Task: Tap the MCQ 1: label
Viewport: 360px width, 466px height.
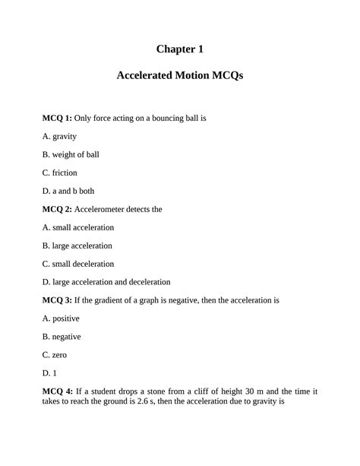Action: click(57, 119)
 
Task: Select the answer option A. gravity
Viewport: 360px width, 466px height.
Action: click(59, 137)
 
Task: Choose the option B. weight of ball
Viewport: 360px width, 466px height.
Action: click(71, 154)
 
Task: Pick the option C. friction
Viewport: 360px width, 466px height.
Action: click(59, 173)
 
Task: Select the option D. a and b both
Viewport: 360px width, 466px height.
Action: click(68, 191)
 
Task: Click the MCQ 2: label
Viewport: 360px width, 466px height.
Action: click(57, 209)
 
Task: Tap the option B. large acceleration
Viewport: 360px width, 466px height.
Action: click(77, 246)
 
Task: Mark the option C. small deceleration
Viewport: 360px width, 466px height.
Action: click(78, 264)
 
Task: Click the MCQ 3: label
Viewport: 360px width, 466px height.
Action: click(57, 300)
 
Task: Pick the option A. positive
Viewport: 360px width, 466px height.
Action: click(61, 319)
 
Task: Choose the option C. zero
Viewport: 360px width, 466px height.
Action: click(53, 355)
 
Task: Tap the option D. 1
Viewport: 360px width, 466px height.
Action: click(49, 373)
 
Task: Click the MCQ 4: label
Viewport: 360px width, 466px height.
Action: click(57, 392)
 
